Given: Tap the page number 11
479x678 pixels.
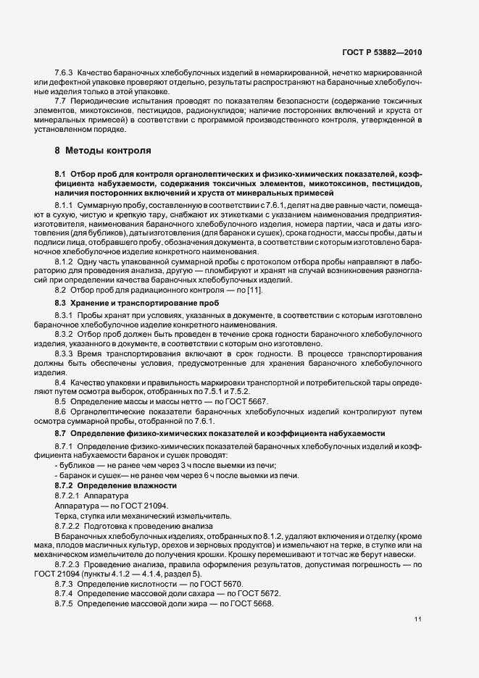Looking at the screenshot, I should (x=418, y=619).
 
